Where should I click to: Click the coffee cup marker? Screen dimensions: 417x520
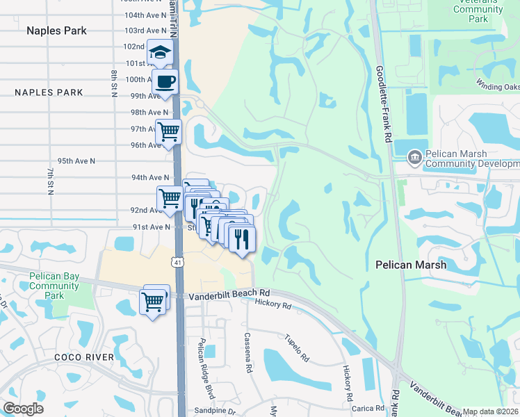165,82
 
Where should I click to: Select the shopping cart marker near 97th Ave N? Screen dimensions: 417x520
168,131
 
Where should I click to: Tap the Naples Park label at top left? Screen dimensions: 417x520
56,31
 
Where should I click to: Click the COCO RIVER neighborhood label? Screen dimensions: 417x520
84,357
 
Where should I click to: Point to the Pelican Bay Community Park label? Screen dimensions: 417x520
54,286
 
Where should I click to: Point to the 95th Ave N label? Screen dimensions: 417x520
76,161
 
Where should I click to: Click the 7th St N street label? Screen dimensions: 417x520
50,181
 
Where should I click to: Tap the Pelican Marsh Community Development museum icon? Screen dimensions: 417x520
414,158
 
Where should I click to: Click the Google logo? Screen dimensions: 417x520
23,409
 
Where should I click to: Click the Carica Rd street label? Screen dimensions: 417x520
368,408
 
